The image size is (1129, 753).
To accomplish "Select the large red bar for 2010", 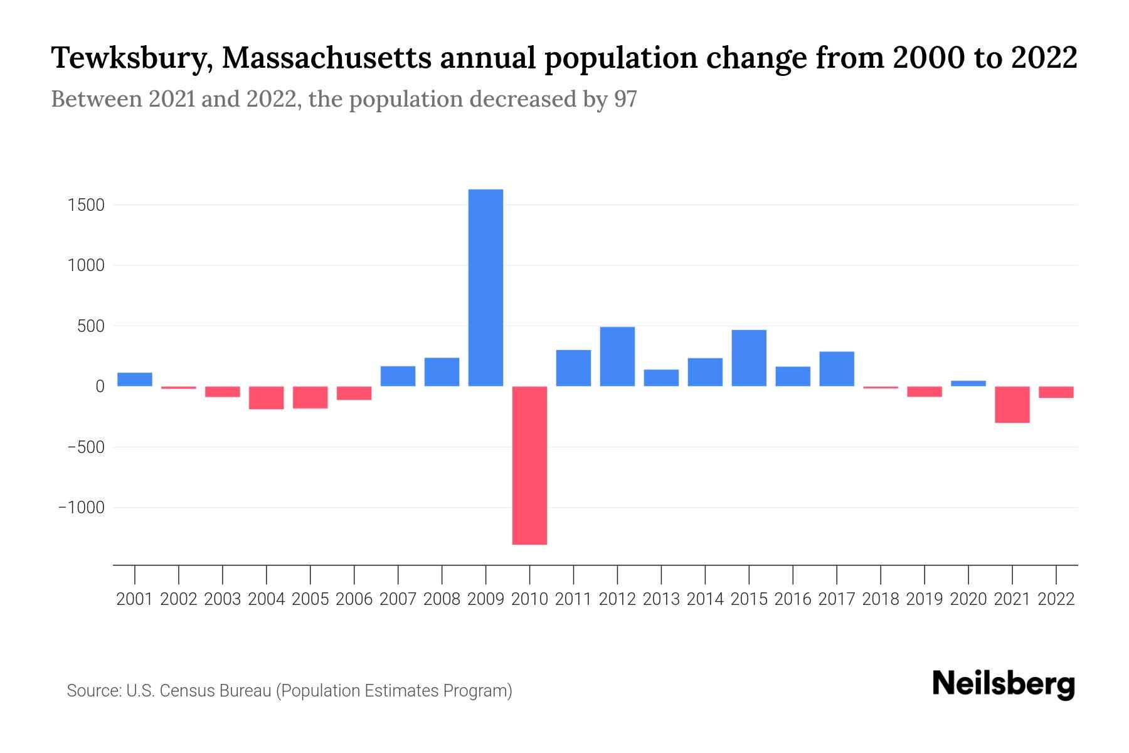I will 529,465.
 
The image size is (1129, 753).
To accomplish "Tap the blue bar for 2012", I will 617,356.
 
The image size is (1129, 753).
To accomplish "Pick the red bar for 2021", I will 1012,405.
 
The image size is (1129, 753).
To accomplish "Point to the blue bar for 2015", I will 749,358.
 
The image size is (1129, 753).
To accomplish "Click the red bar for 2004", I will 267,398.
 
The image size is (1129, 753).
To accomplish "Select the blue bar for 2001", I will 135,380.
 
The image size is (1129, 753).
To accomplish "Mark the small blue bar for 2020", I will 968,383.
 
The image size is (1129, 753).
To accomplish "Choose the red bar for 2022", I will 1056,392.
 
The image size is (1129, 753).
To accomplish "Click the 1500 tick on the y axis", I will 87,205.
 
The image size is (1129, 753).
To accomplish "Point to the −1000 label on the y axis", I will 82,508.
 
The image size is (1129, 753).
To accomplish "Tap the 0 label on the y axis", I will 99,387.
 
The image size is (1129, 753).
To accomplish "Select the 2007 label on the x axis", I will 398,599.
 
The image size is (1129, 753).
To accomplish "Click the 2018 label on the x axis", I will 880,599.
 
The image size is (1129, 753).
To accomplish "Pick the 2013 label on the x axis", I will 661,599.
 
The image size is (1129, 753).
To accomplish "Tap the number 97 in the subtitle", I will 625,99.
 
